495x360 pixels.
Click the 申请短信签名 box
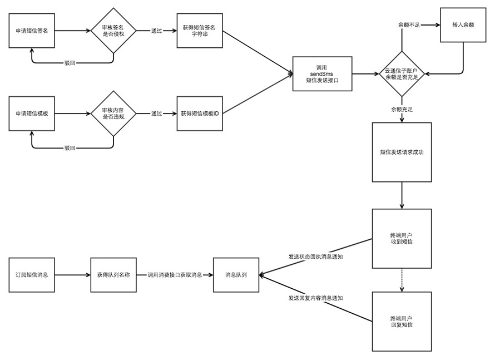32,31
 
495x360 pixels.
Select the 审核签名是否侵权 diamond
113,31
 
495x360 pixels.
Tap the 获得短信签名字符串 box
200,31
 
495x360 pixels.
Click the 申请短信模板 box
32,114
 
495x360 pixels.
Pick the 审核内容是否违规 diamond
113,114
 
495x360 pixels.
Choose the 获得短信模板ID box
200,114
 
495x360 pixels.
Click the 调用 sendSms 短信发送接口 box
323,74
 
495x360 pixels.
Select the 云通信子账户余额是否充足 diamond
402,74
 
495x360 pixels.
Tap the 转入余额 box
463,25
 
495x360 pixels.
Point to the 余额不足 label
409,25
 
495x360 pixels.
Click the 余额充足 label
402,110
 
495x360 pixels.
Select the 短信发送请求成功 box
402,152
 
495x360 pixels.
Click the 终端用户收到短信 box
402,238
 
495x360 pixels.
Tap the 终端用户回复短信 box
402,322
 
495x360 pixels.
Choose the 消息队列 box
236,275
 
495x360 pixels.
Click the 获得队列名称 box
113,275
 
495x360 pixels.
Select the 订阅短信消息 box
32,275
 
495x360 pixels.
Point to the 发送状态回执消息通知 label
316,257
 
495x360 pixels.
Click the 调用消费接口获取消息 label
175,275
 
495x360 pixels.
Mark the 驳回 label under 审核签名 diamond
70,63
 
